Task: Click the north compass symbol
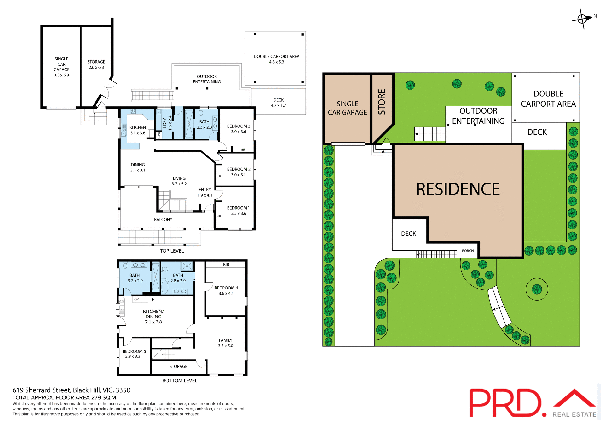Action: pyautogui.click(x=582, y=19)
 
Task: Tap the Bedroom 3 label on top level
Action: pyautogui.click(x=239, y=129)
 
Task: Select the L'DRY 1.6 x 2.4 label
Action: pyautogui.click(x=167, y=123)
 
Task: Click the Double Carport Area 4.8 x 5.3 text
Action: pyautogui.click(x=276, y=59)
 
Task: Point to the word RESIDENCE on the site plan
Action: pyautogui.click(x=458, y=189)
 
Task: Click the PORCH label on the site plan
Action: pyautogui.click(x=468, y=251)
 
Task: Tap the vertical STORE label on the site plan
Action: pyautogui.click(x=382, y=102)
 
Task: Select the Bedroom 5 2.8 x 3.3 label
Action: pyautogui.click(x=134, y=354)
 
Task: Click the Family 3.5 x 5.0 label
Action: pyautogui.click(x=226, y=343)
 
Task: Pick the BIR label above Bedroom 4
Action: pyautogui.click(x=226, y=265)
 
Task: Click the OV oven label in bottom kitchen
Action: pyautogui.click(x=136, y=299)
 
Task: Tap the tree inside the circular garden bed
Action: pyautogui.click(x=537, y=289)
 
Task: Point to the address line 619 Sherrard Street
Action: pyautogui.click(x=71, y=390)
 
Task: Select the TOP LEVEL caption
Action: pyautogui.click(x=172, y=251)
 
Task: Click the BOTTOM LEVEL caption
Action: pyautogui.click(x=180, y=380)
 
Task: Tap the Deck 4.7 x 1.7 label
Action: pyautogui.click(x=278, y=103)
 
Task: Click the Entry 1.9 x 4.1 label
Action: pyautogui.click(x=205, y=192)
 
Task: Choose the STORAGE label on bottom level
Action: pyautogui.click(x=178, y=366)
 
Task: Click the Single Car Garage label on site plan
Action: pyautogui.click(x=347, y=108)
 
